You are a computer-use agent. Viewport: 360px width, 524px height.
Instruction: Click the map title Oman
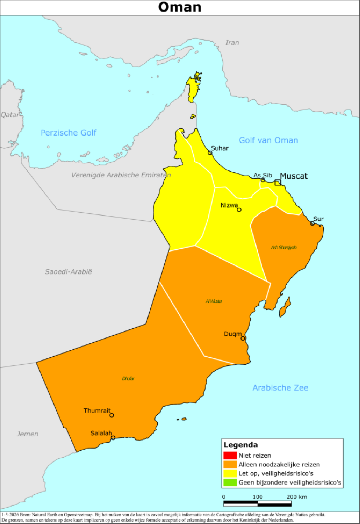tap(180, 7)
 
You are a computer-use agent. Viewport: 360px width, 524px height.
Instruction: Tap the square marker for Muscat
tap(278, 182)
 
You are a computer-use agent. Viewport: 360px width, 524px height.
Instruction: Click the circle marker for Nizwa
tap(239, 210)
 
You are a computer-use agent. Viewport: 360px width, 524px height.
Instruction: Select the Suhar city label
tap(219, 148)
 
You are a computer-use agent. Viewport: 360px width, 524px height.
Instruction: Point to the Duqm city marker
tap(243, 339)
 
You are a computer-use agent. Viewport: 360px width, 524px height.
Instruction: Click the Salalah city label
tap(101, 433)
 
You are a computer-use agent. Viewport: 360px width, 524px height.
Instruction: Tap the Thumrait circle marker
tap(111, 415)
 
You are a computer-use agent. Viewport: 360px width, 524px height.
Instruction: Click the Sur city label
tap(318, 219)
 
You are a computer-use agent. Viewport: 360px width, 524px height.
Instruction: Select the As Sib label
tap(262, 175)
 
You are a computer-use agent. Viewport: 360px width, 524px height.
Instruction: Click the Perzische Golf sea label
tap(69, 133)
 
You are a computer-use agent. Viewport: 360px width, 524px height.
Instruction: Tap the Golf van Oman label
tap(268, 140)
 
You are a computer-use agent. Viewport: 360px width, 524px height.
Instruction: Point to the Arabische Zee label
tap(280, 388)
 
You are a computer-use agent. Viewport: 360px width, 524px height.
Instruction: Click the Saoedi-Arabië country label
tap(69, 272)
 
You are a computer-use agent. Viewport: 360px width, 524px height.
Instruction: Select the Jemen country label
tap(28, 434)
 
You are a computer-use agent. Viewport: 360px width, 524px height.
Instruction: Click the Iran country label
tap(232, 43)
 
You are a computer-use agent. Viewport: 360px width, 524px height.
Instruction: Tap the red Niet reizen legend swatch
tap(230, 456)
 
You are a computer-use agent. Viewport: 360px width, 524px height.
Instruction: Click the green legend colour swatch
tap(230, 482)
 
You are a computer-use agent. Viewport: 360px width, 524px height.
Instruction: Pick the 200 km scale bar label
tap(296, 497)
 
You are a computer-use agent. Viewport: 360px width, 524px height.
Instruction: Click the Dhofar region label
tap(128, 379)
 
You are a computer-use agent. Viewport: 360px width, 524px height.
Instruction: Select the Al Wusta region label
tap(213, 301)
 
